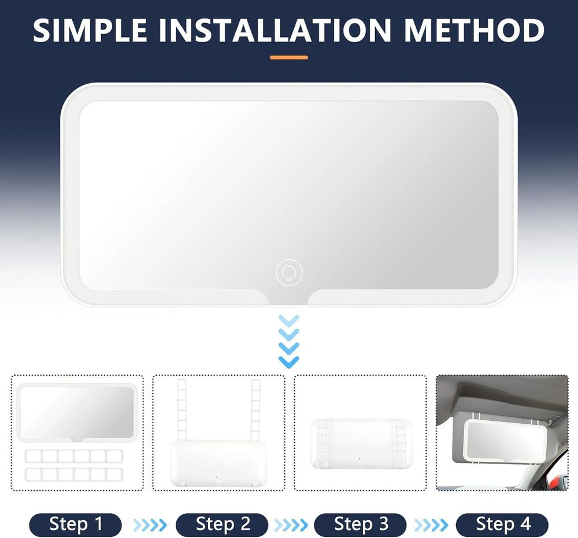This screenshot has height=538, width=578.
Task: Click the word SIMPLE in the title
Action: pos(90,30)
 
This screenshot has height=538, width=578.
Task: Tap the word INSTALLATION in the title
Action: pos(275,30)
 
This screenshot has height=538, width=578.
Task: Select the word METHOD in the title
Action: pos(475,30)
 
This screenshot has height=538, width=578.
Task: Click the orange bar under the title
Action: pos(288,58)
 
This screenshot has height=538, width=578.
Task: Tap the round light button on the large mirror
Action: pos(289,272)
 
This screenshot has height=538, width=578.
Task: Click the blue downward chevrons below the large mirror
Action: pos(288,341)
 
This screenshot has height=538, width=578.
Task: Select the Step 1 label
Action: pos(76,524)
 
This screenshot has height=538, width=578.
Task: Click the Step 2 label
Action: pos(222,524)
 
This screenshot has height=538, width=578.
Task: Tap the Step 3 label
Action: pos(360,524)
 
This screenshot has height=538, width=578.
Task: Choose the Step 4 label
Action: pos(502,524)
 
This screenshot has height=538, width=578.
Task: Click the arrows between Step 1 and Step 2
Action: pos(150,525)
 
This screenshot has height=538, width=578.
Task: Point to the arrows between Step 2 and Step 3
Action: pos(291,525)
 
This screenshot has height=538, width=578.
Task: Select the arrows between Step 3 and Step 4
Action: pos(431,525)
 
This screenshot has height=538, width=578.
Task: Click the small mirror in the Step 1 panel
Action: pos(77,412)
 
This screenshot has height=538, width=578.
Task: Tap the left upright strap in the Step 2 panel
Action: pos(181,410)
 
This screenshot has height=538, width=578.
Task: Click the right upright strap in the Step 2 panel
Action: pos(255,410)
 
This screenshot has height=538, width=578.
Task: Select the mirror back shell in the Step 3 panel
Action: pos(361,444)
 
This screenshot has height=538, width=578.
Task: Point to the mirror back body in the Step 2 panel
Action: pos(218,463)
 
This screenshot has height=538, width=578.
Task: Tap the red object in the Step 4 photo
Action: pos(554,480)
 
